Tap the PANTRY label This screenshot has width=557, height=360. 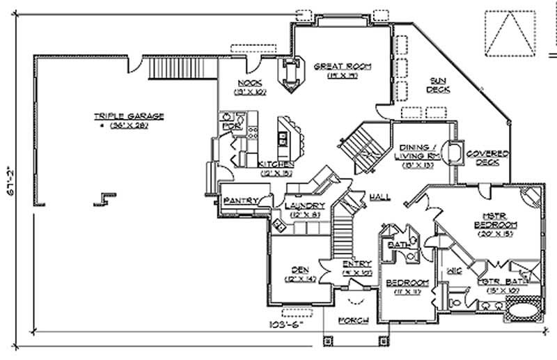click(241, 201)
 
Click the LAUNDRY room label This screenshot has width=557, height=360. click(304, 206)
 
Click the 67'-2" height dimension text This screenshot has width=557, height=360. click(9, 183)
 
